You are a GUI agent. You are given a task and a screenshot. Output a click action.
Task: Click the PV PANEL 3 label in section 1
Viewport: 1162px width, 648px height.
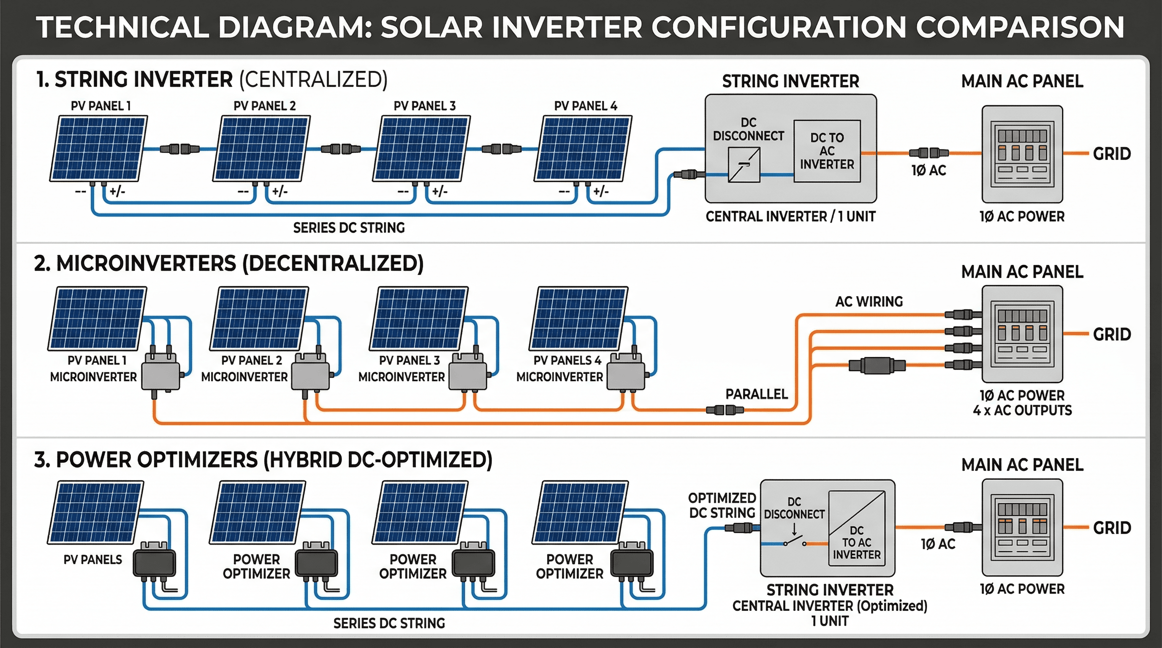click(x=424, y=106)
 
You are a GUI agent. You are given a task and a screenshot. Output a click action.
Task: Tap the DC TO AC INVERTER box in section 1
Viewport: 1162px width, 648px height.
click(x=827, y=151)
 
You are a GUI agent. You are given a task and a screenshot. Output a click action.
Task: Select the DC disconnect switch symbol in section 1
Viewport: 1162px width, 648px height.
click(x=744, y=165)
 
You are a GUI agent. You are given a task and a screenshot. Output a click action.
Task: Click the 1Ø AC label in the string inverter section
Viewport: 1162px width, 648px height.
click(x=929, y=170)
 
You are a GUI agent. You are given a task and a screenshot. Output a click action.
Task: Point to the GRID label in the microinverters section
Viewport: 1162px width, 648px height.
click(x=1111, y=335)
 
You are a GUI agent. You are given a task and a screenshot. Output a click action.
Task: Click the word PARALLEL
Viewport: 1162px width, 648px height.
click(x=757, y=394)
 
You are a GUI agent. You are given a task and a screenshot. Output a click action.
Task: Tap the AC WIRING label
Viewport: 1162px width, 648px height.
click(x=869, y=302)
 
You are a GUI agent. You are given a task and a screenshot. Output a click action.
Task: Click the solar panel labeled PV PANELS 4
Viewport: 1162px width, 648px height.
click(x=580, y=318)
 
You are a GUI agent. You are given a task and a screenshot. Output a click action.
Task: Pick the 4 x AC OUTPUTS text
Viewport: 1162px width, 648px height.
click(x=1022, y=410)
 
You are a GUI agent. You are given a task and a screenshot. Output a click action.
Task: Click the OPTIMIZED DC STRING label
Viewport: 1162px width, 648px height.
click(x=722, y=505)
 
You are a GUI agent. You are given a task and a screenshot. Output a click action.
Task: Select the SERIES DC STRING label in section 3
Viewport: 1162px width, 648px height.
click(x=389, y=623)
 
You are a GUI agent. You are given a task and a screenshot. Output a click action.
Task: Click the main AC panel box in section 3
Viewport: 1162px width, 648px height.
click(x=1022, y=527)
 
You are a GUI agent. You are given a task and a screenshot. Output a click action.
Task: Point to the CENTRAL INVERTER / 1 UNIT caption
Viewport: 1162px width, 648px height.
click(x=790, y=217)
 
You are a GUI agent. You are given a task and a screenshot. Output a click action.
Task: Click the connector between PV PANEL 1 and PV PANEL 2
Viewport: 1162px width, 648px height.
click(x=180, y=148)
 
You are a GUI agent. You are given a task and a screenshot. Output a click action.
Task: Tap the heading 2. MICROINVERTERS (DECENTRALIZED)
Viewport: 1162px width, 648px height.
click(x=229, y=264)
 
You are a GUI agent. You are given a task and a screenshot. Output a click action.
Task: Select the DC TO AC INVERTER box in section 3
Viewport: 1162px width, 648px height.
click(x=857, y=528)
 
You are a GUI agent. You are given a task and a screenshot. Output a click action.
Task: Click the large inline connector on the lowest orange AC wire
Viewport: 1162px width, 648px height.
click(x=877, y=365)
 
